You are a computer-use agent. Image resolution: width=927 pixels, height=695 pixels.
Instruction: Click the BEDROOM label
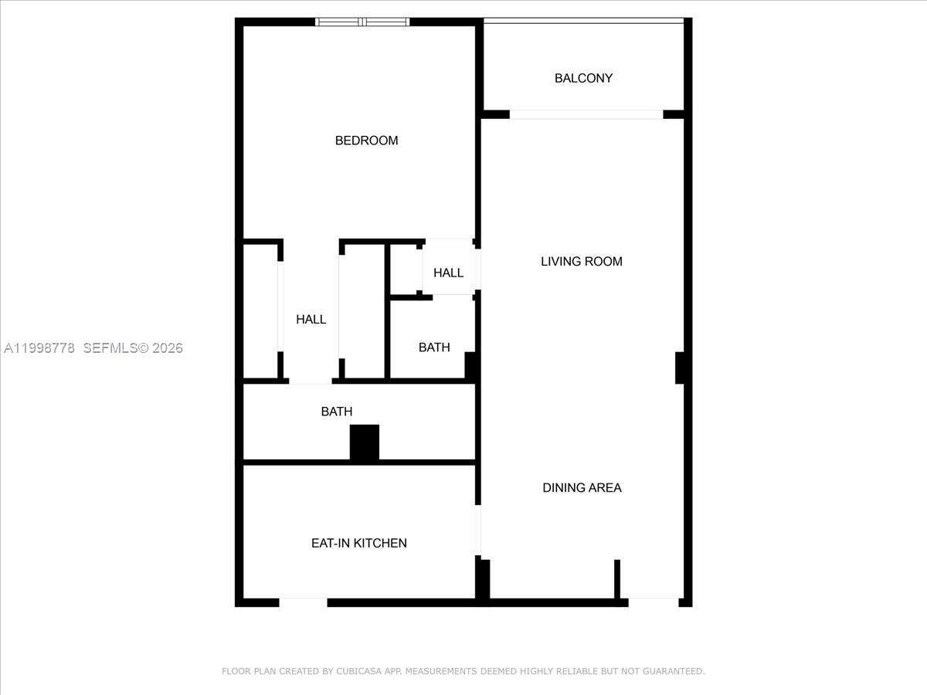366,141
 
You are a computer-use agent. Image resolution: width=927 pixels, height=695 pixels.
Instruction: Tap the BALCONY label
583,78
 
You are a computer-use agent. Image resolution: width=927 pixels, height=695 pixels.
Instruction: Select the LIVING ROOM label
581,261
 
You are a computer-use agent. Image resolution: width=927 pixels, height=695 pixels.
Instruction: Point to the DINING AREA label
582,487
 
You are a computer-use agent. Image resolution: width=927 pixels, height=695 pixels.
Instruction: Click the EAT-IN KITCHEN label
358,543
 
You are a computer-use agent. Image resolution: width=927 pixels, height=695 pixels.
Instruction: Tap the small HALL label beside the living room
448,273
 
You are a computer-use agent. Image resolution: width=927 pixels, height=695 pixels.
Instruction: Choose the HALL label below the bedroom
311,319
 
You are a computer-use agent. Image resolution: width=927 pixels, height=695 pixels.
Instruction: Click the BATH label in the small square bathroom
434,347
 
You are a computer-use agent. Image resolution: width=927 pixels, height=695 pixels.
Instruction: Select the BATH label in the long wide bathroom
337,412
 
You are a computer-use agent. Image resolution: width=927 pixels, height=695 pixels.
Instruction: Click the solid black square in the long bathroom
365,442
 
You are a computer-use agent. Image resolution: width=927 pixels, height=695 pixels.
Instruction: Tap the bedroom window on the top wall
363,22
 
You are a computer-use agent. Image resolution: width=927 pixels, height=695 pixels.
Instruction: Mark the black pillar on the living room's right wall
680,368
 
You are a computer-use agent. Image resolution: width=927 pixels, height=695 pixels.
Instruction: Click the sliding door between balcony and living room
586,114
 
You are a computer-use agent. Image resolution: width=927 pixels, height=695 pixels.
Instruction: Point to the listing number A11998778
39,348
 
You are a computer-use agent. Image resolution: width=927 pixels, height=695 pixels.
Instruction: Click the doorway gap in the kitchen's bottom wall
303,602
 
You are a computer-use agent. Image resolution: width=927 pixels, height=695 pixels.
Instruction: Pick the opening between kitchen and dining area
477,531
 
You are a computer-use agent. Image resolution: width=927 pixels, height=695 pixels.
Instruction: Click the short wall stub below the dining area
617,578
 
